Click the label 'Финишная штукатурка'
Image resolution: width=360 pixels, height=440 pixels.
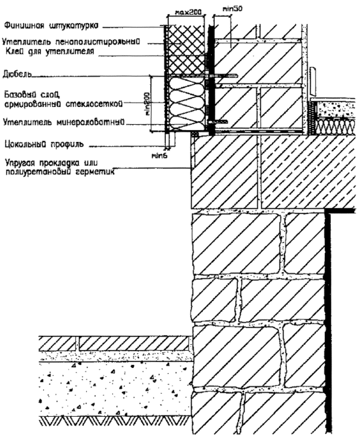click(x=51, y=26)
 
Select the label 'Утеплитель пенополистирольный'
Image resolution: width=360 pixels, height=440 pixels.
click(x=70, y=42)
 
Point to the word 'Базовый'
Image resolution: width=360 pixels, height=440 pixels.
click(x=17, y=95)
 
